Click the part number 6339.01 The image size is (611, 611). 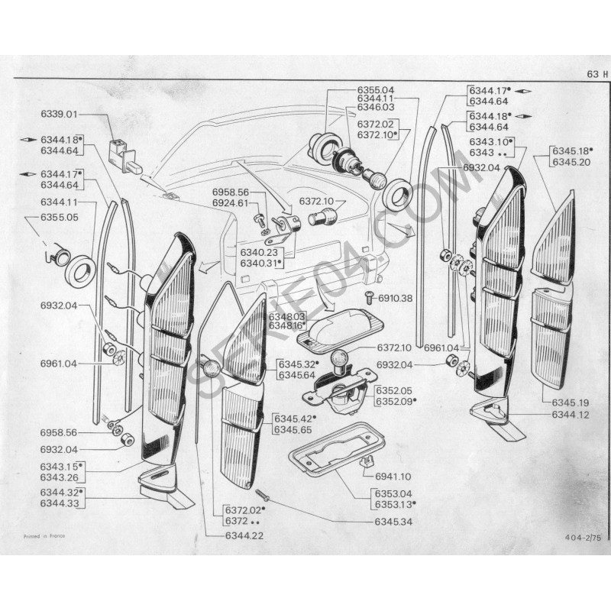[x=60, y=115]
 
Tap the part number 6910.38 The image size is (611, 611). [x=395, y=297]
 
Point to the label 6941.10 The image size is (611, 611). [x=394, y=475]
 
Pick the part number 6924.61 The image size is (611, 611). [x=231, y=203]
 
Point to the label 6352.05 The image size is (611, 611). [x=394, y=390]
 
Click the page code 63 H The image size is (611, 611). [x=597, y=74]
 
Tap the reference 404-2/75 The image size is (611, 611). [x=584, y=538]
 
